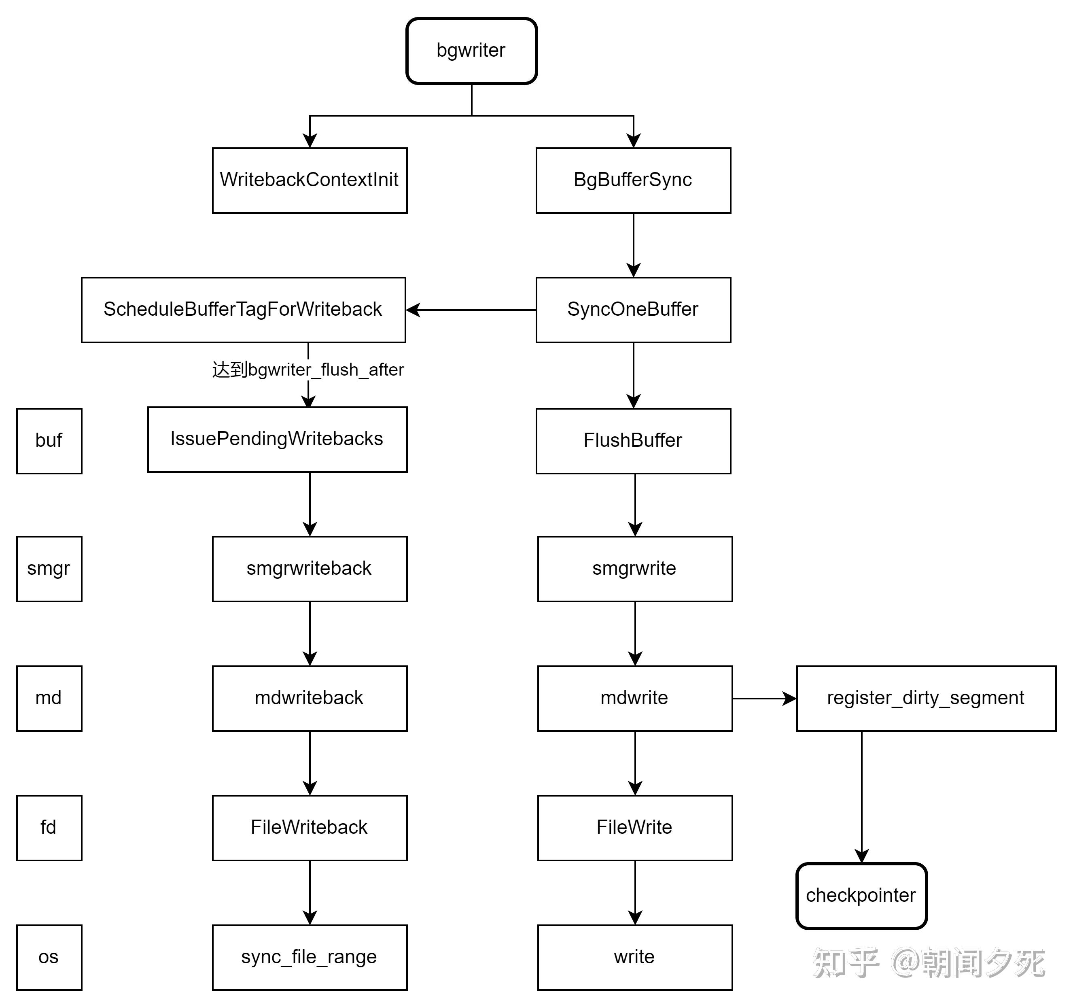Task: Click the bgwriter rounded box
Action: click(471, 51)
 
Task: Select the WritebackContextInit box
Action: click(309, 181)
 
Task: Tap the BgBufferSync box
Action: click(633, 181)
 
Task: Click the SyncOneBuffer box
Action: click(633, 310)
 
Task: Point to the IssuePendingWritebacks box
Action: click(277, 440)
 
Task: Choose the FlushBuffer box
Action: click(633, 441)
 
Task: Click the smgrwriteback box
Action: click(309, 569)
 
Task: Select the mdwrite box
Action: click(635, 699)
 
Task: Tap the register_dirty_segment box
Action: click(926, 699)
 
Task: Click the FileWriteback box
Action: click(309, 828)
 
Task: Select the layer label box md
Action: click(49, 699)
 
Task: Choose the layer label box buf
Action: click(49, 441)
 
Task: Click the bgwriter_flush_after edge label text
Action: click(308, 370)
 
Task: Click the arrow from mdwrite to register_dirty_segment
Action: click(764, 699)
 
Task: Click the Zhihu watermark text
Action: click(928, 963)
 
